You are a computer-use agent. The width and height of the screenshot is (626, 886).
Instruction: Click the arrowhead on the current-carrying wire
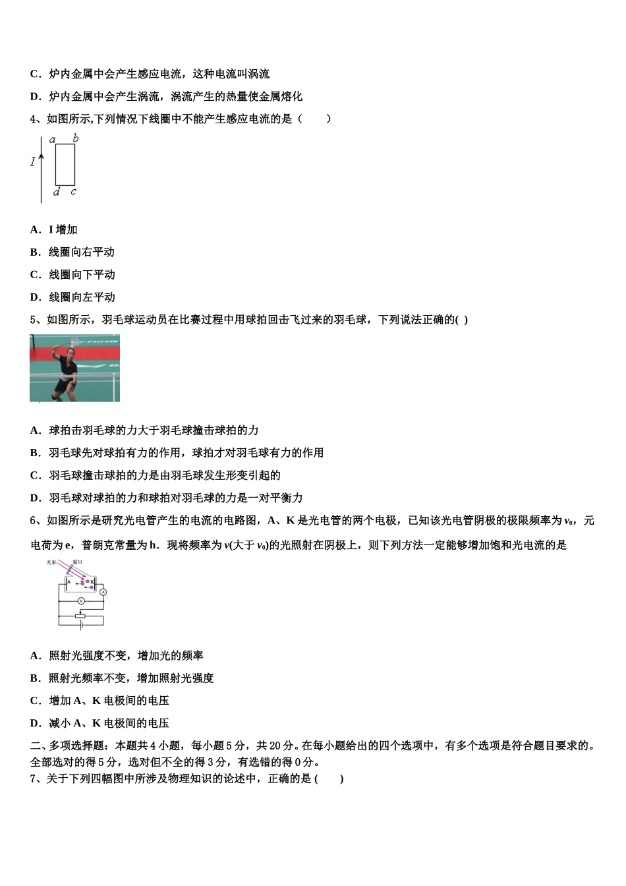pyautogui.click(x=42, y=157)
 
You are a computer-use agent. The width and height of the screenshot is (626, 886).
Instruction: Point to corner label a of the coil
pyautogui.click(x=53, y=140)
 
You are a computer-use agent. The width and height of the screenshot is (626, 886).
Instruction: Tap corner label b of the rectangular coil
pyautogui.click(x=75, y=138)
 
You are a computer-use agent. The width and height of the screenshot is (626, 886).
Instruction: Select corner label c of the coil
pyautogui.click(x=73, y=192)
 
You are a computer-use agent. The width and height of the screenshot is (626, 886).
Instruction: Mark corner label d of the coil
pyautogui.click(x=56, y=192)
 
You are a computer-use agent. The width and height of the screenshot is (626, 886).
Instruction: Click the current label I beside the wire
pyautogui.click(x=32, y=162)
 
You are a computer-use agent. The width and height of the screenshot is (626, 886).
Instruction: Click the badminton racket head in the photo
pyautogui.click(x=74, y=341)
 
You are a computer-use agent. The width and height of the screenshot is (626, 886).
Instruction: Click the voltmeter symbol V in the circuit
pyautogui.click(x=81, y=601)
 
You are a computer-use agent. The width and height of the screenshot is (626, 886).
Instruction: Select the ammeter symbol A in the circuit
pyautogui.click(x=103, y=592)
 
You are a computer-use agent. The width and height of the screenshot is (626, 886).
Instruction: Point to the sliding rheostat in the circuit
pyautogui.click(x=80, y=616)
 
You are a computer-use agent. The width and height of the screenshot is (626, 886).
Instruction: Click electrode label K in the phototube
pyautogui.click(x=92, y=582)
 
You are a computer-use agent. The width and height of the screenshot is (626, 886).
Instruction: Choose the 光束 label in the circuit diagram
pyautogui.click(x=51, y=562)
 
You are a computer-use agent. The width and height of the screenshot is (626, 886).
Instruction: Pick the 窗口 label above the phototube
pyautogui.click(x=78, y=562)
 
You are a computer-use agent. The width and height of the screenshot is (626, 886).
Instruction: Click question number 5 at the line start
pyautogui.click(x=34, y=320)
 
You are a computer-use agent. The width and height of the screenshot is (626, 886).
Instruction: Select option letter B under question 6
pyautogui.click(x=34, y=678)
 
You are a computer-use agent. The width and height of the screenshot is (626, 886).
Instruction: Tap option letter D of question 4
pyautogui.click(x=34, y=297)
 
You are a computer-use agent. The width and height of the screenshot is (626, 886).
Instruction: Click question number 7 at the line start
pyautogui.click(x=34, y=779)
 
